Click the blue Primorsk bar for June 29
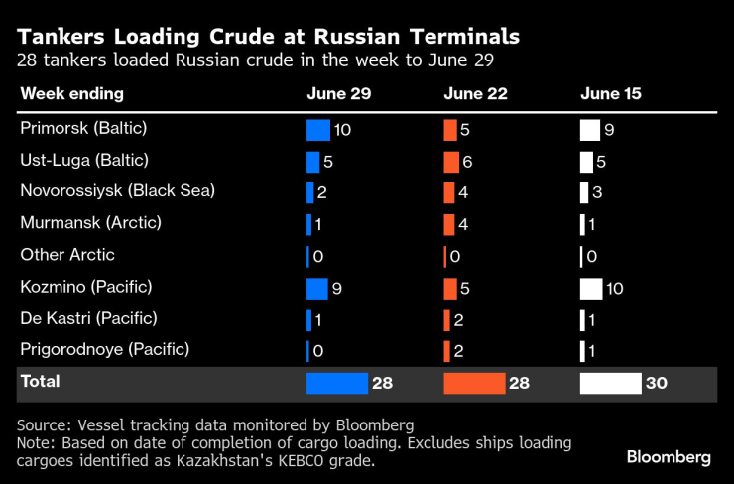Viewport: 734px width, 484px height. click(x=317, y=130)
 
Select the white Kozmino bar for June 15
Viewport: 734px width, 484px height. click(x=590, y=289)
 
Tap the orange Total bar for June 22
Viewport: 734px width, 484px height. click(x=474, y=383)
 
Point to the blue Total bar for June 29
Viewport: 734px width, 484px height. click(x=337, y=383)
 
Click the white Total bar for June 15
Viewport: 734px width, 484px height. click(x=610, y=383)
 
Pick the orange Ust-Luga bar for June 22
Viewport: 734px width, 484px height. click(x=451, y=162)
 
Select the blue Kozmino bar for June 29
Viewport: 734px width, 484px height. click(x=316, y=289)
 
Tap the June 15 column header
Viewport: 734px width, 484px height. click(x=611, y=94)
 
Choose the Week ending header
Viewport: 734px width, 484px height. click(x=72, y=94)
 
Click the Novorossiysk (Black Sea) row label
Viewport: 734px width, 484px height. click(x=117, y=191)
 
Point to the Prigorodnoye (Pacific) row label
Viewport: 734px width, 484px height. click(x=118, y=350)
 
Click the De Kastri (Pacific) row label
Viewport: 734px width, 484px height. click(x=102, y=318)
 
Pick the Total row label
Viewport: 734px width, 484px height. click(x=40, y=382)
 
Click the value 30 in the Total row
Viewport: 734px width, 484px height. click(x=657, y=383)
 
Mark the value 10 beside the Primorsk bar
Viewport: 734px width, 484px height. click(x=343, y=130)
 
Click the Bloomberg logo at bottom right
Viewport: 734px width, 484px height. click(x=669, y=457)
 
